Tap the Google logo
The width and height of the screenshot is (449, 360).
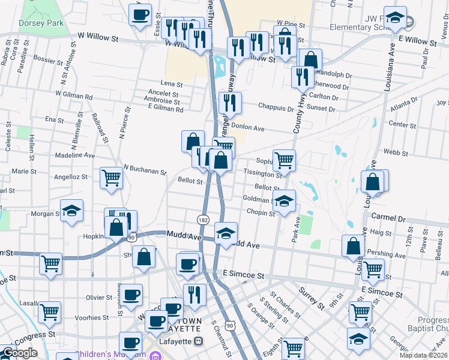click(x=19, y=353)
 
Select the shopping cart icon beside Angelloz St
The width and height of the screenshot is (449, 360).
click(x=112, y=178)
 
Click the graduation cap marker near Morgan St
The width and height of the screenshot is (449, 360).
click(x=71, y=211)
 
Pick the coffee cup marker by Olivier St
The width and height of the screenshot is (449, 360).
click(x=132, y=295)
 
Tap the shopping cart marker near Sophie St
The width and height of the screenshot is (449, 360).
click(x=284, y=160)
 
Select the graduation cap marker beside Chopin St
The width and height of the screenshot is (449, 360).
click(x=285, y=201)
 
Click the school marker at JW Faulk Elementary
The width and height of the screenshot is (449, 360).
click(x=395, y=17)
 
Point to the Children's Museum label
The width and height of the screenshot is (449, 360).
click(x=111, y=355)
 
